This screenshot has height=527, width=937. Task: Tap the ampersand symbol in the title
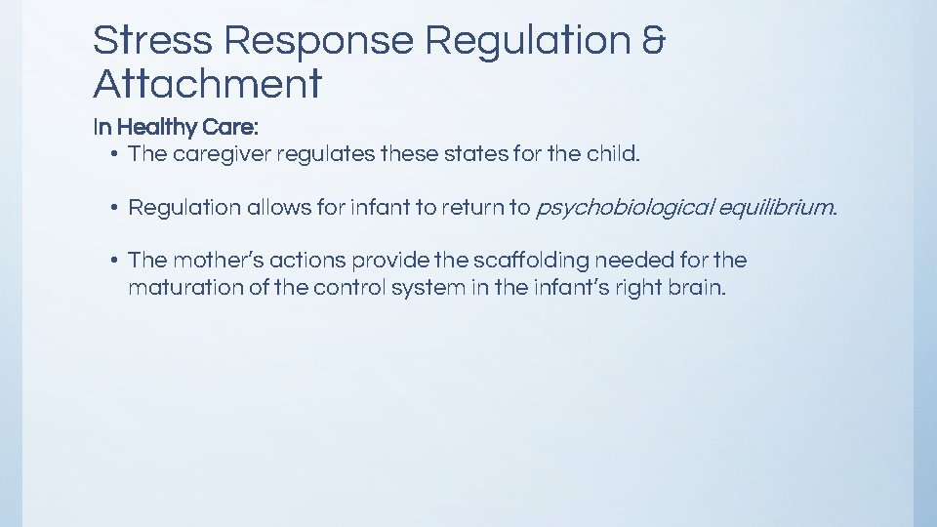coord(656,41)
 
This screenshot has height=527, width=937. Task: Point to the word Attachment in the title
coord(207,85)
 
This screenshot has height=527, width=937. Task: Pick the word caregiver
coord(222,154)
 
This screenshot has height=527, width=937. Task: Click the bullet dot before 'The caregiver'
coord(114,154)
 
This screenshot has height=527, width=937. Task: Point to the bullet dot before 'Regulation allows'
coord(114,207)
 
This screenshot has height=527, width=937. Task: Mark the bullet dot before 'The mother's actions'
coord(114,260)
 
